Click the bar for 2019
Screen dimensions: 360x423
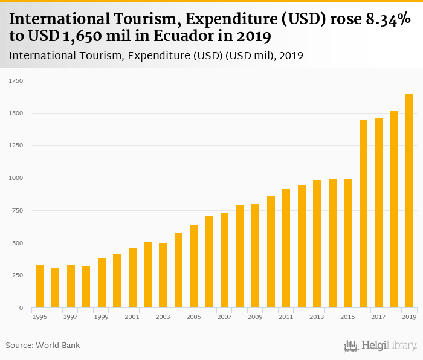coord(410,201)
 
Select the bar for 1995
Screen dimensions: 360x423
coord(40,286)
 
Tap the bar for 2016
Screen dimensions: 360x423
coord(364,214)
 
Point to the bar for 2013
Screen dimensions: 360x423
coord(317,244)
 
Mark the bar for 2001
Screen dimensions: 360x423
coord(132,278)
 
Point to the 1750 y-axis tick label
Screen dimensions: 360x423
coord(16,80)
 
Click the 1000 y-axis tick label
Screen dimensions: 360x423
coord(16,178)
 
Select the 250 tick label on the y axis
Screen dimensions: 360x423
coord(18,275)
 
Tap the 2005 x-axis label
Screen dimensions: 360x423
coord(193,317)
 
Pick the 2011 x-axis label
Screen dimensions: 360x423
coord(286,317)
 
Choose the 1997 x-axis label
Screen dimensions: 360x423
coord(71,317)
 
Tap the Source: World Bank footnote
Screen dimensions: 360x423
coord(43,346)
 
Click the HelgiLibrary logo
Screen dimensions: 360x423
coord(380,346)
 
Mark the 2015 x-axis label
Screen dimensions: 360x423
coord(347,317)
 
